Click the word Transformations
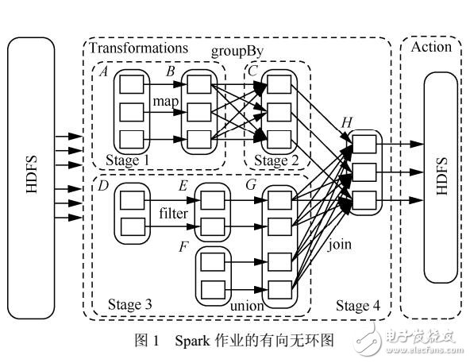click(x=138, y=48)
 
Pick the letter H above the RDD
click(x=346, y=122)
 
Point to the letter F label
click(x=183, y=246)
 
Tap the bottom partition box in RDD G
click(x=278, y=288)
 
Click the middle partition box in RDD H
click(x=364, y=170)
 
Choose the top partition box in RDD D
click(x=131, y=198)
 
